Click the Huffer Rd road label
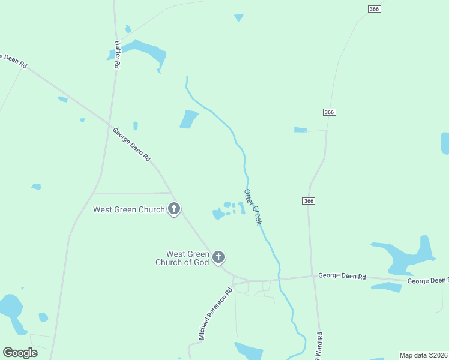[x=118, y=54]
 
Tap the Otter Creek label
[x=253, y=207]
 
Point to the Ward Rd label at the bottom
[x=320, y=346]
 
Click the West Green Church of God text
[x=183, y=259]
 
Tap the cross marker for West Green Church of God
[x=218, y=257]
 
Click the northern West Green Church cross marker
[x=174, y=209]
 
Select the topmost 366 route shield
[x=375, y=8]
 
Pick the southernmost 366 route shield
[x=309, y=201]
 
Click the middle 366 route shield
[x=329, y=112]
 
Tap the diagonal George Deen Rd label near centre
[x=131, y=143]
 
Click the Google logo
[x=20, y=353]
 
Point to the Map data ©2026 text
[x=424, y=355]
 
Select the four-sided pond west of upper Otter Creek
[x=188, y=119]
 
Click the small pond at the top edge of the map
[x=239, y=17]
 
